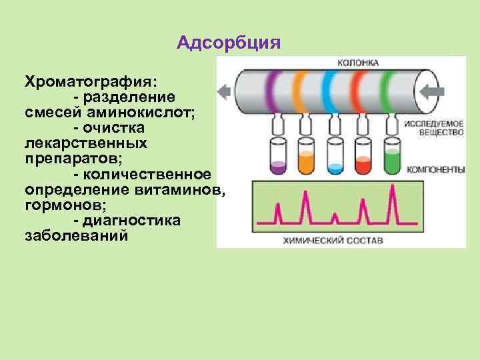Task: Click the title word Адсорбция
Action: (x=229, y=43)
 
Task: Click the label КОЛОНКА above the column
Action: (x=359, y=62)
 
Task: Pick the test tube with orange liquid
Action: (x=306, y=155)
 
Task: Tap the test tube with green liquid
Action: (x=392, y=155)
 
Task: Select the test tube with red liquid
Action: (x=363, y=155)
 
